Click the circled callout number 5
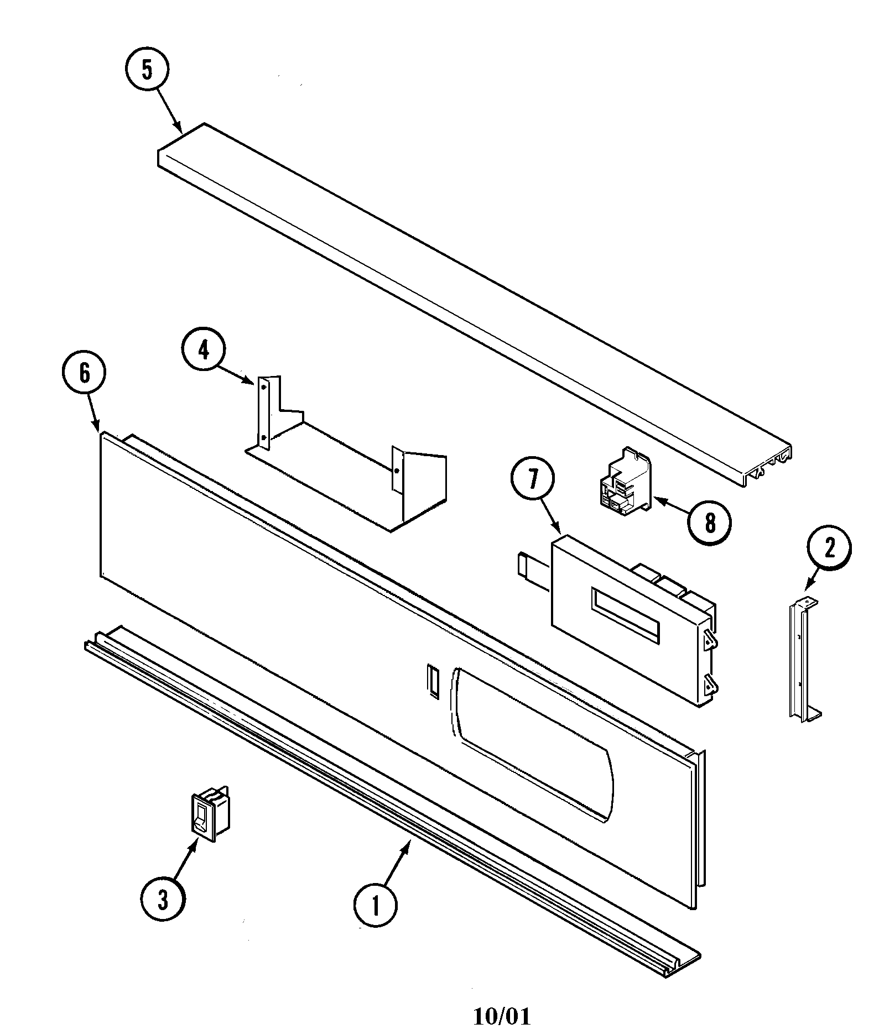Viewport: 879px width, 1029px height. coord(147,70)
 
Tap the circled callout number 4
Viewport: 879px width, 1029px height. coord(204,350)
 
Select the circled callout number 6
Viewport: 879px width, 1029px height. coord(84,374)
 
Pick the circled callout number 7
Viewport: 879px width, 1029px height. coord(533,479)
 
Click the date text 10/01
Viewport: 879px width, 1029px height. coord(502,1016)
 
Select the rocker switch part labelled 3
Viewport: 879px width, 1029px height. coord(210,814)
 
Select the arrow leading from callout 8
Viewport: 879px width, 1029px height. coord(672,506)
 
